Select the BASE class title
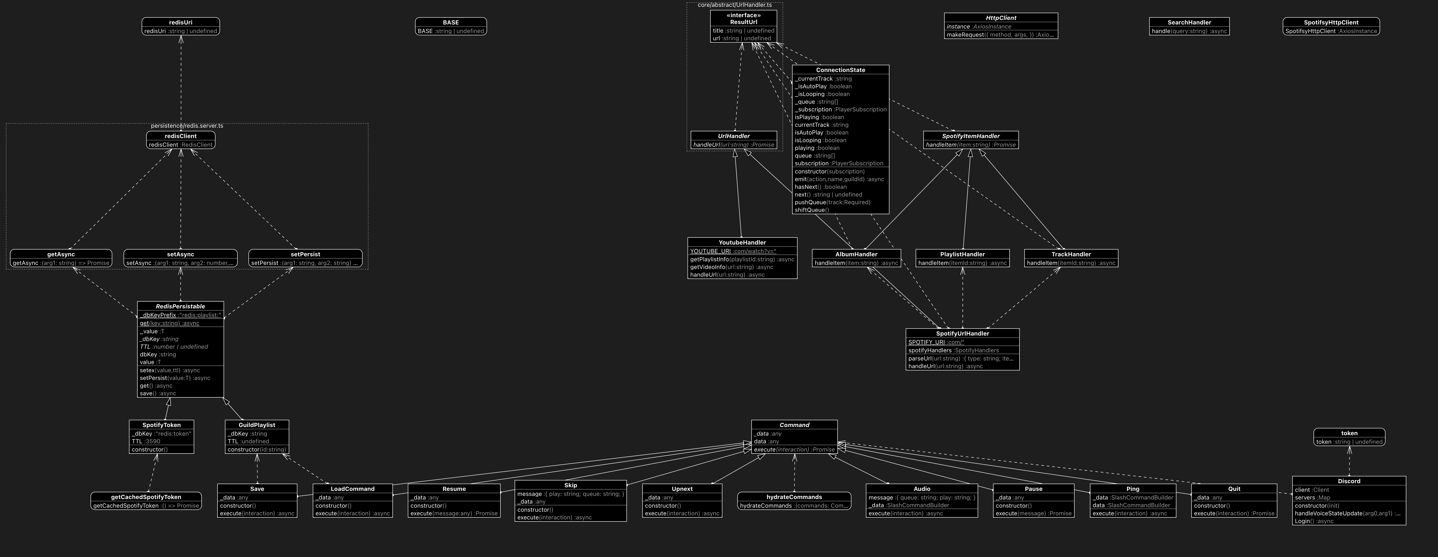[x=451, y=22]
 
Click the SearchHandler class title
[x=1189, y=22]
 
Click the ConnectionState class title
[x=840, y=70]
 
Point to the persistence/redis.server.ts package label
[x=187, y=126]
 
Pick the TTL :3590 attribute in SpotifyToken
[x=146, y=441]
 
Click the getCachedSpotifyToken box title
[x=146, y=497]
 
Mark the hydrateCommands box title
[x=794, y=497]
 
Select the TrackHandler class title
[x=1071, y=254]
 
